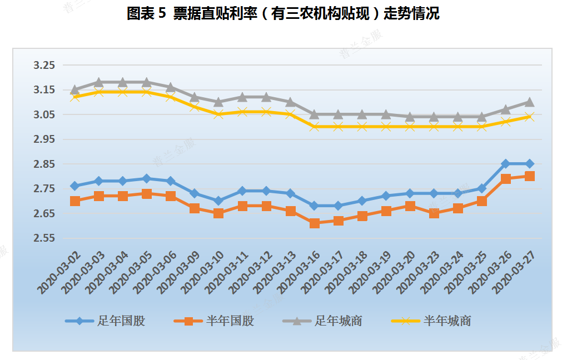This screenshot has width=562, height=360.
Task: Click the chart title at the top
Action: [x=283, y=13]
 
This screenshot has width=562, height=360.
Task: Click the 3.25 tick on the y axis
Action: [x=44, y=66]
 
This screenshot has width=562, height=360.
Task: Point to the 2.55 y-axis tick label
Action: [x=44, y=238]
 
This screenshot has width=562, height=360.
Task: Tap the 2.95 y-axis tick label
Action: [x=44, y=139]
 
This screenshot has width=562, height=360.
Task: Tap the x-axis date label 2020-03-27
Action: [x=514, y=272]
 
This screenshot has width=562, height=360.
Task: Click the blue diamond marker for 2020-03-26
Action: [x=506, y=164]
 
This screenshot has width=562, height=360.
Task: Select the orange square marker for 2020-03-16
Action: [x=315, y=223]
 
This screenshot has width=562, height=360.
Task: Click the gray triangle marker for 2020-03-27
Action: [x=530, y=102]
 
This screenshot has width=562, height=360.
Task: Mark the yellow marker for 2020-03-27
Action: [x=530, y=117]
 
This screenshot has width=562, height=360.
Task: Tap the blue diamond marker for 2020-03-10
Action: [x=218, y=201]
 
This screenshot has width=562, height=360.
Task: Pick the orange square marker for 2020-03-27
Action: [x=530, y=176]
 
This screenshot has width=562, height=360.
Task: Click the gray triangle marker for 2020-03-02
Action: [x=75, y=89]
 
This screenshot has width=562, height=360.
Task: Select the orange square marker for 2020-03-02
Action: [x=75, y=201]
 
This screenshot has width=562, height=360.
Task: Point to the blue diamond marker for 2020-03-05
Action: [x=147, y=179]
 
